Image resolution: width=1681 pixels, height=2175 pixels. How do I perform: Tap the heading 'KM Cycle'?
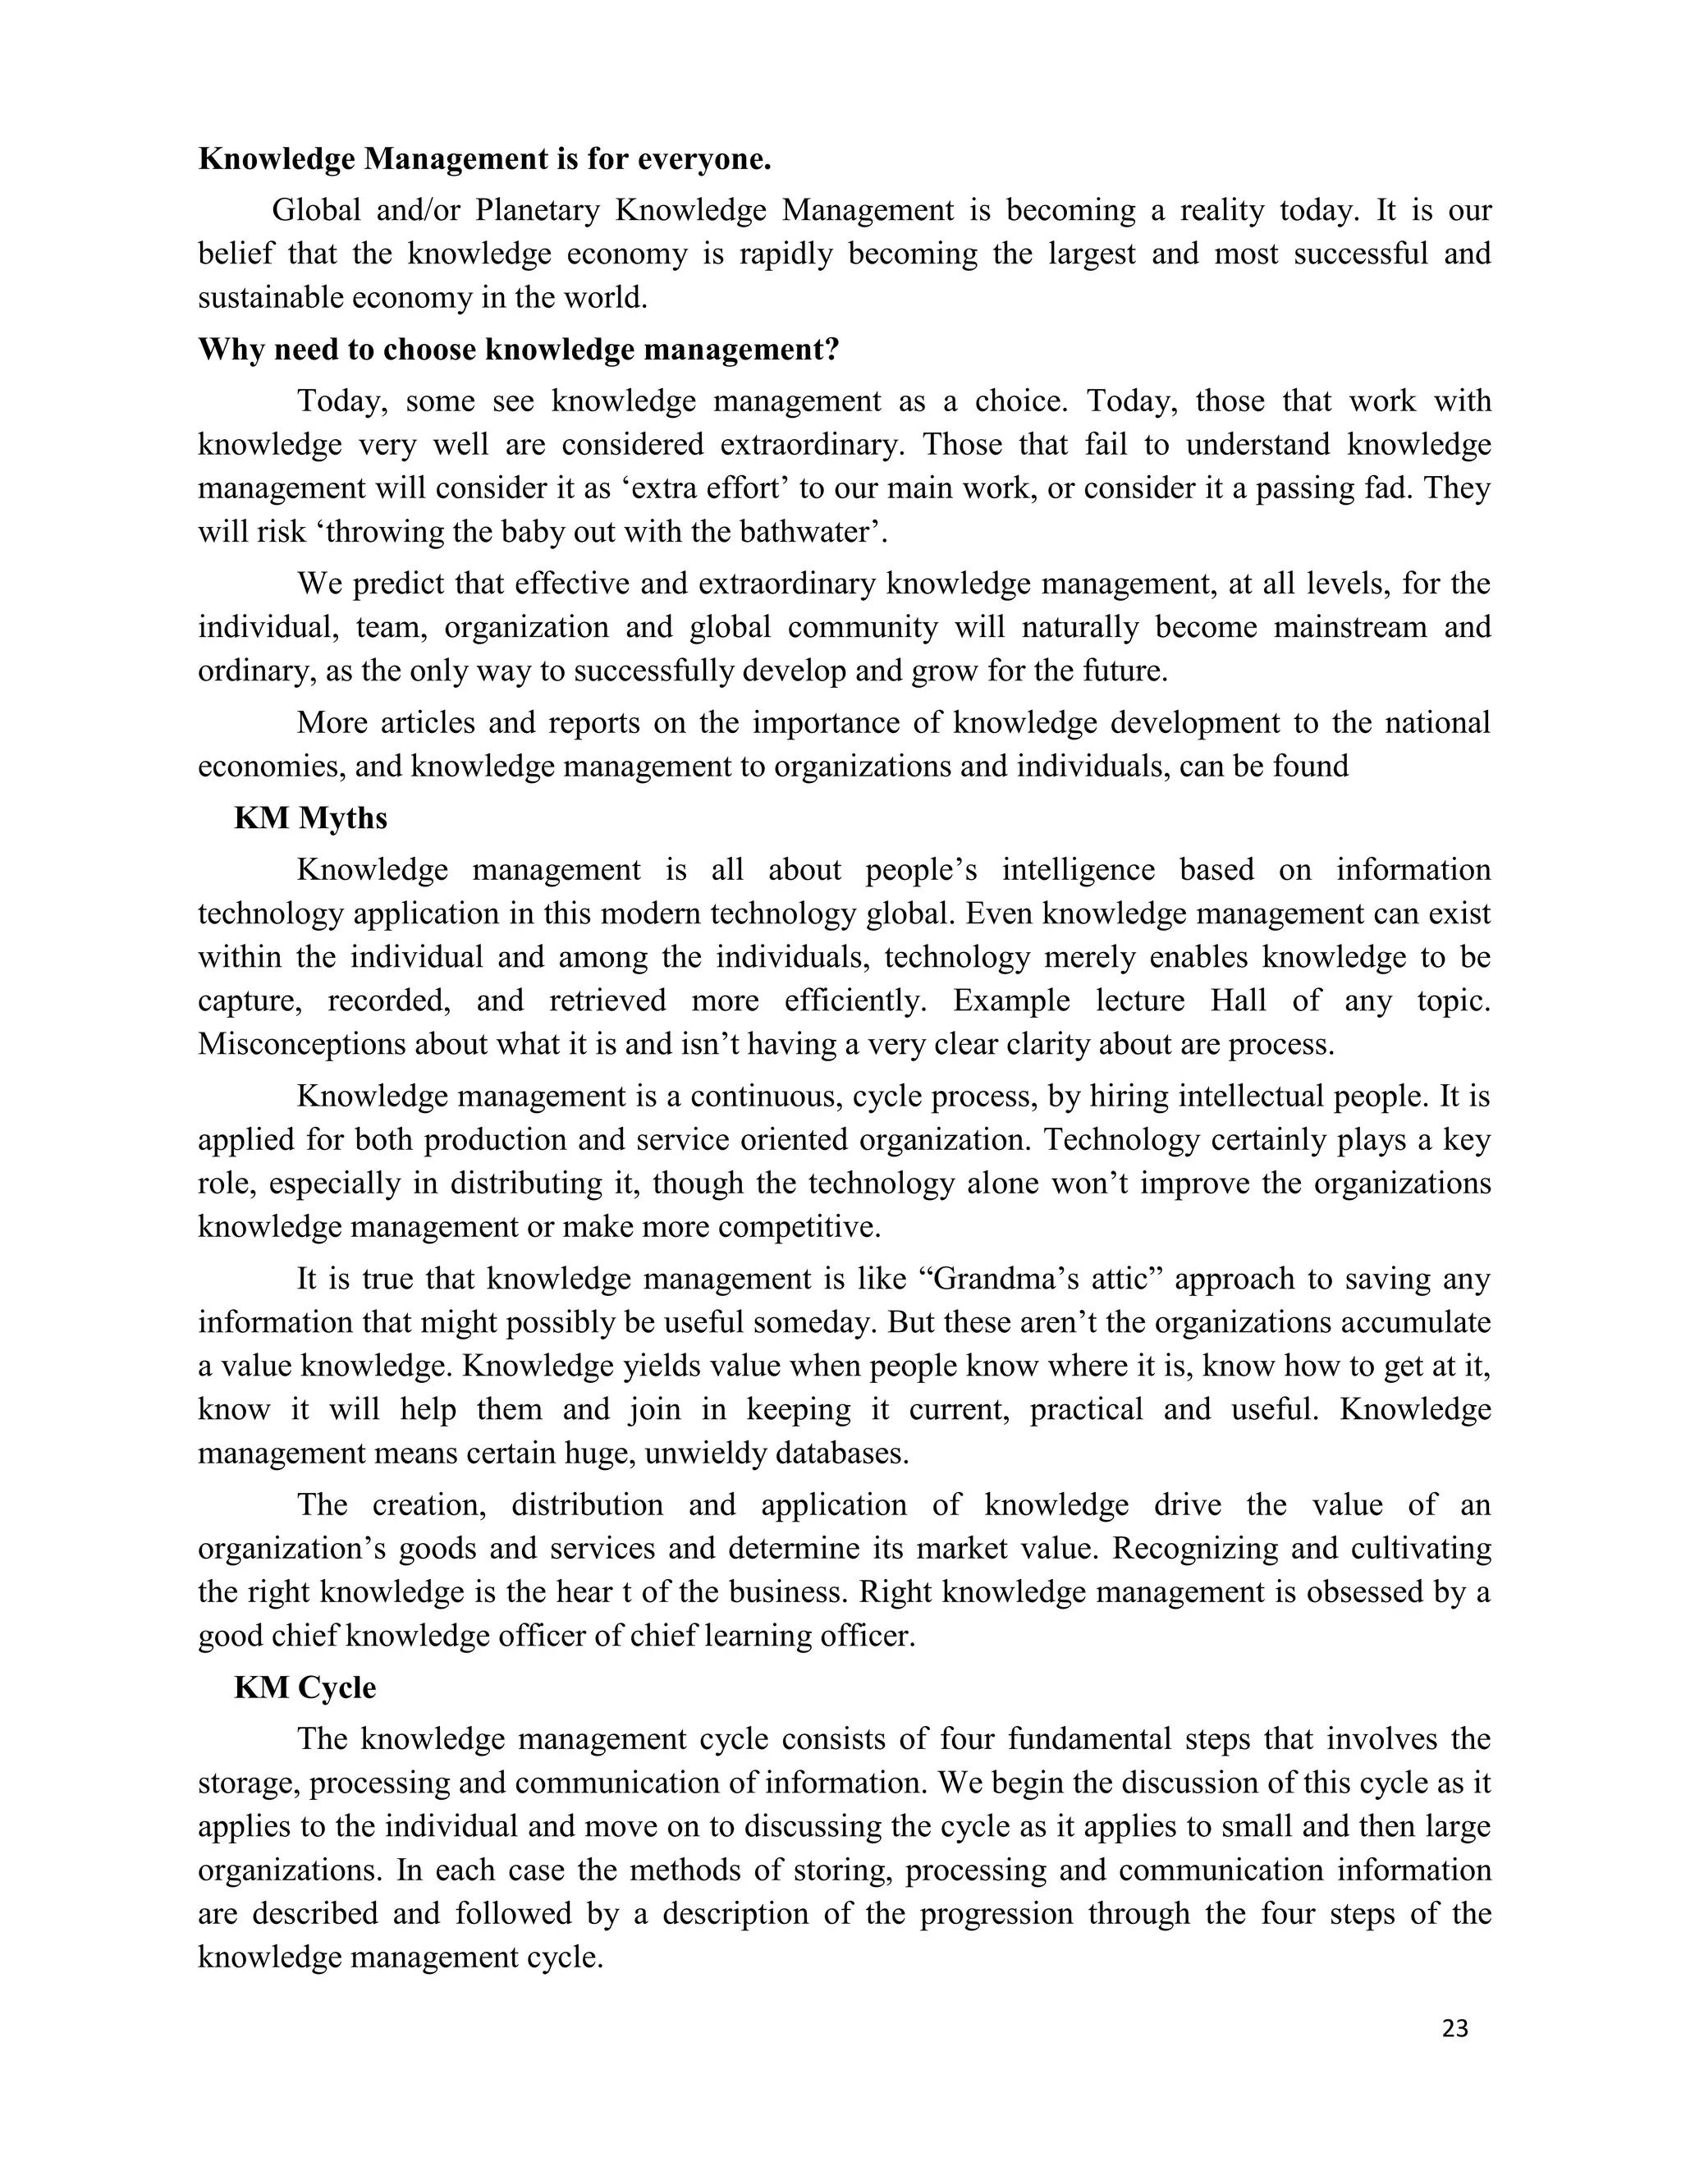point(305,1687)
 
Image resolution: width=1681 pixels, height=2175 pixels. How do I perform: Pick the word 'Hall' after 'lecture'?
point(1238,1000)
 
